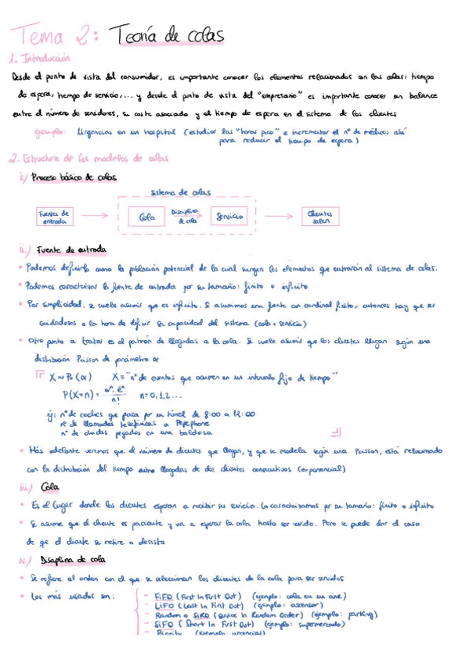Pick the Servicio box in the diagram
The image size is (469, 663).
pos(228,216)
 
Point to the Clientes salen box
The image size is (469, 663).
pos(319,216)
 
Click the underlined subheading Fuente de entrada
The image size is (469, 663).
pos(71,249)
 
